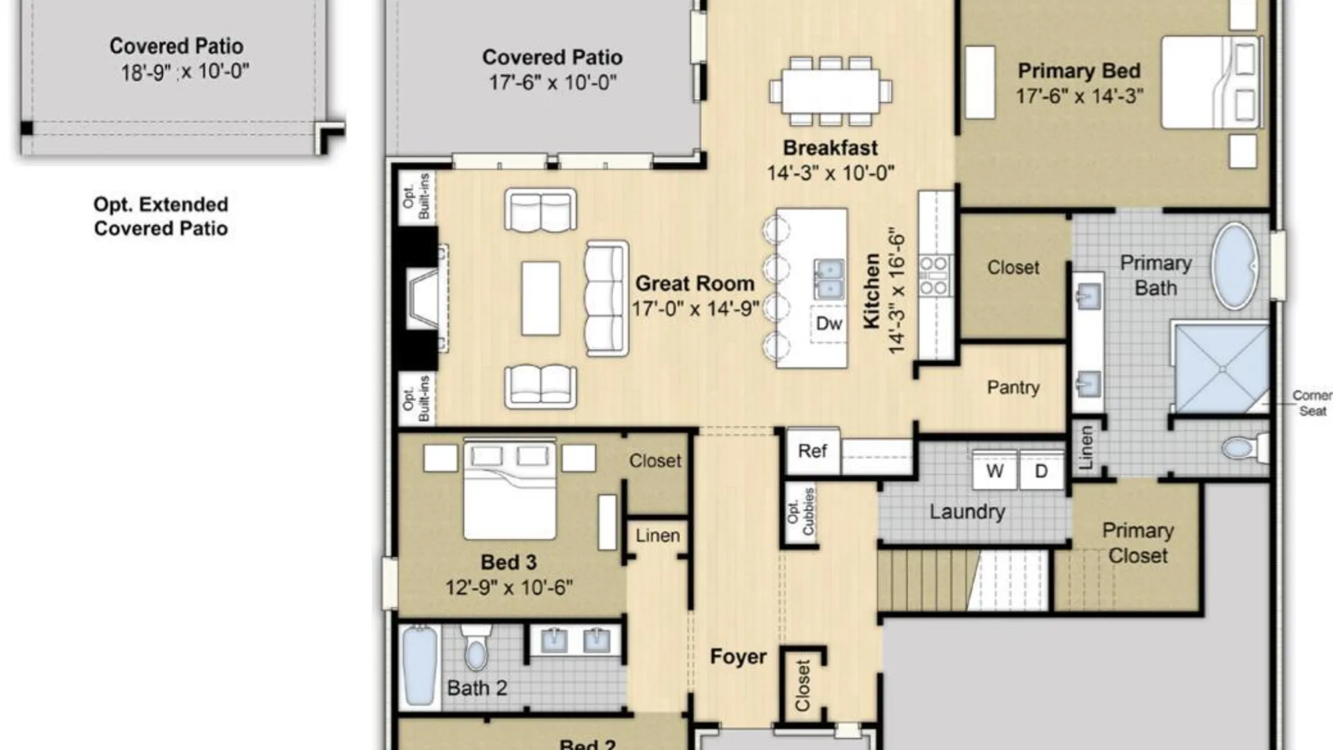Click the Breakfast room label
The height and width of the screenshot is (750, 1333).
click(830, 147)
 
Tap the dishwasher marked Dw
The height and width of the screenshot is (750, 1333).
click(828, 324)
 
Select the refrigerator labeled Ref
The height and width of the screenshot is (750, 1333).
click(812, 451)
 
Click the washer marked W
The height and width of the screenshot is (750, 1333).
click(994, 471)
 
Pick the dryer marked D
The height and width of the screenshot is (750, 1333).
click(1041, 471)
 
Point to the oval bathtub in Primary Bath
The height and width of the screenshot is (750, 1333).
click(1234, 265)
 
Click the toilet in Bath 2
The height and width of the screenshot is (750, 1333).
click(476, 647)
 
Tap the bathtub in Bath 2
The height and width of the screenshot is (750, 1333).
click(420, 665)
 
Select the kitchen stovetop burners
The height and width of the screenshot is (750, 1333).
click(934, 275)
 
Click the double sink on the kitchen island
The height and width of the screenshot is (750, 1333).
click(828, 279)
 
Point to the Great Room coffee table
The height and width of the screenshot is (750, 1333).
click(541, 298)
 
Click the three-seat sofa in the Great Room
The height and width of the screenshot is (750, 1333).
click(607, 298)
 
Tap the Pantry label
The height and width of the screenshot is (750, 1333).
click(1013, 387)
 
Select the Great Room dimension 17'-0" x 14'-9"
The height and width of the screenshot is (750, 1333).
click(695, 309)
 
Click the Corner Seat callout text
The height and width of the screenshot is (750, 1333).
click(1312, 403)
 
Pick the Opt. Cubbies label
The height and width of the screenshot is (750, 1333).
click(800, 511)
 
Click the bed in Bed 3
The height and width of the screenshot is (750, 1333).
click(510, 489)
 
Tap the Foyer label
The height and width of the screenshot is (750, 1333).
click(738, 657)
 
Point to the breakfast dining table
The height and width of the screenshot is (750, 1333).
click(830, 91)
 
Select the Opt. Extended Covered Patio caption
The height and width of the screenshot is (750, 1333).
click(161, 216)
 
